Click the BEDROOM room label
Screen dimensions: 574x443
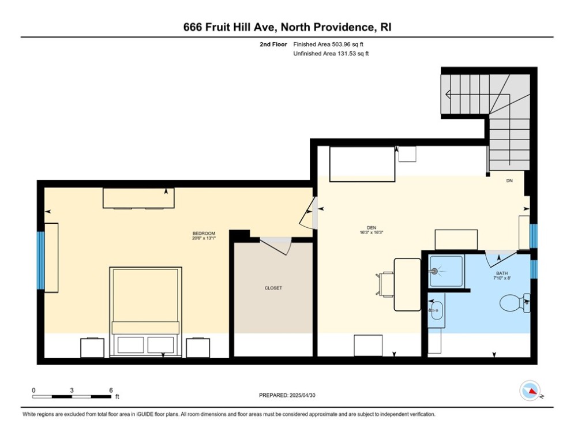pyautogui.click(x=204, y=234)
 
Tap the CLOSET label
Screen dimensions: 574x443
pyautogui.click(x=273, y=288)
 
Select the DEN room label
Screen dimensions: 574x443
pyautogui.click(x=372, y=228)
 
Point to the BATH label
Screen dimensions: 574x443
pyautogui.click(x=502, y=273)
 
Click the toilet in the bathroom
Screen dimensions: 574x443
pyautogui.click(x=515, y=303)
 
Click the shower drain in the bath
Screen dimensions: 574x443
pyautogui.click(x=434, y=272)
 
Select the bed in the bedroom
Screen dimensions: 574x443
pyautogui.click(x=146, y=311)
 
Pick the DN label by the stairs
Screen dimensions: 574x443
pyautogui.click(x=509, y=181)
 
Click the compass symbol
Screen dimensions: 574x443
pyautogui.click(x=530, y=391)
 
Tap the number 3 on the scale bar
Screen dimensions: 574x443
pyautogui.click(x=72, y=391)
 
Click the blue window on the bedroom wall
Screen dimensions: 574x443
pyautogui.click(x=40, y=260)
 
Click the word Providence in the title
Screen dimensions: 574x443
pyautogui.click(x=344, y=27)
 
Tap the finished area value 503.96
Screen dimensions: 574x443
pyautogui.click(x=341, y=44)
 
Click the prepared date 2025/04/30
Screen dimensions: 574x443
pyautogui.click(x=302, y=395)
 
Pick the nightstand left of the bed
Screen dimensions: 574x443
pyautogui.click(x=92, y=348)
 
